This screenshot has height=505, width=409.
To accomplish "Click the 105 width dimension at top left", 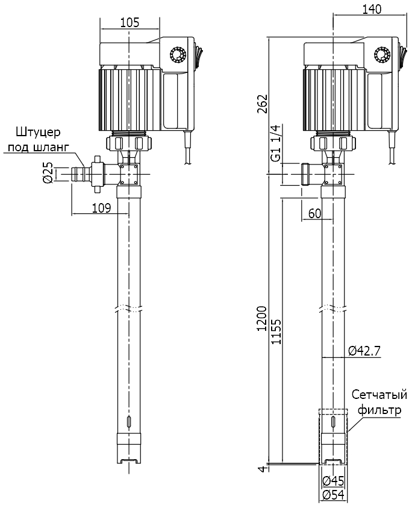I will pyautogui.click(x=130, y=23).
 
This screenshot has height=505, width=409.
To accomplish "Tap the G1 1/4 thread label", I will pyautogui.click(x=275, y=143).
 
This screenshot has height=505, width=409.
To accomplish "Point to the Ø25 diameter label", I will pyautogui.click(x=49, y=174).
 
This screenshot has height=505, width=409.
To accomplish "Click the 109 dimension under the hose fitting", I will pyautogui.click(x=101, y=208).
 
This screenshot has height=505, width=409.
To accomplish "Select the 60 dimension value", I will pyautogui.click(x=314, y=213).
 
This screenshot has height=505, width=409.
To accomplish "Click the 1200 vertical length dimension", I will pyautogui.click(x=261, y=319).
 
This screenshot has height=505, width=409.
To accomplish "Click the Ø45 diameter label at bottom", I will pyautogui.click(x=333, y=481).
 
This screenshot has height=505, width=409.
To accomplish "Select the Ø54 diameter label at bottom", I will pyautogui.click(x=333, y=495).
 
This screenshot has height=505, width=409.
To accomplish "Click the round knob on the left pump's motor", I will pyautogui.click(x=178, y=54).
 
